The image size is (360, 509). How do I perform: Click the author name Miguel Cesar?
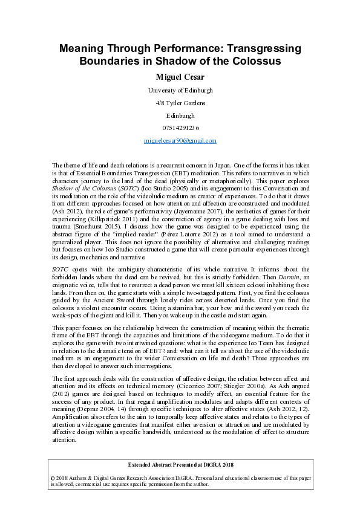coord(180,77)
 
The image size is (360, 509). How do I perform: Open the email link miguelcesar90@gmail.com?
coord(180,140)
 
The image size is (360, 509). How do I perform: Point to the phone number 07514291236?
coord(180,128)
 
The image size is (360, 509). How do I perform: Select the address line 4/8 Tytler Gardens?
coord(180,103)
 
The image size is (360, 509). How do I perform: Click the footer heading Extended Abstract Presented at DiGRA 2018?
coord(180,465)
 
